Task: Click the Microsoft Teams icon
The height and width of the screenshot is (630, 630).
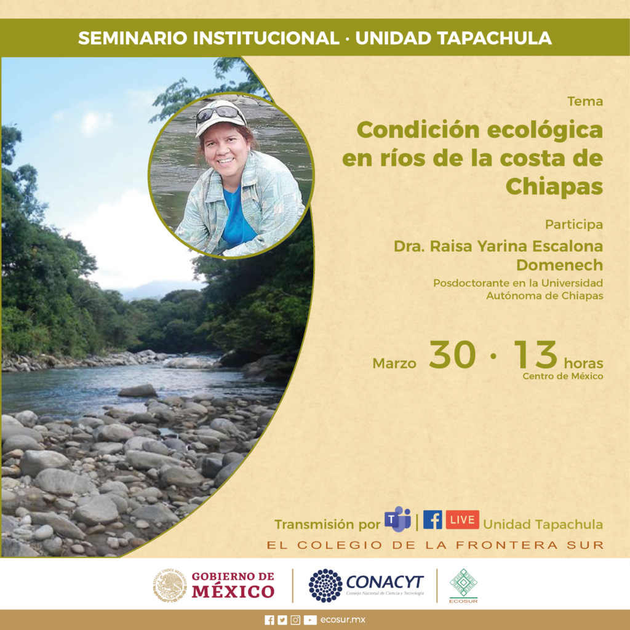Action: [397, 519]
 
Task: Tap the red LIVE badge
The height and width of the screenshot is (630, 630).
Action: [463, 519]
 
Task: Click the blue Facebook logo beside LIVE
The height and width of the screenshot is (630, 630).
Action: [433, 519]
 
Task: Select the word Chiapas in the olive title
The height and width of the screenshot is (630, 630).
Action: [554, 186]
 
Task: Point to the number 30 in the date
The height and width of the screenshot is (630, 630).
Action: [452, 355]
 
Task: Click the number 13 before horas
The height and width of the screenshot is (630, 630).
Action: [536, 355]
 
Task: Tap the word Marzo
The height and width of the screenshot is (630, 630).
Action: [394, 363]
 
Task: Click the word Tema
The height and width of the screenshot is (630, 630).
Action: [585, 102]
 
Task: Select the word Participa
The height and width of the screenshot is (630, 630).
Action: [574, 225]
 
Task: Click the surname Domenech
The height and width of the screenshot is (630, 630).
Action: [559, 265]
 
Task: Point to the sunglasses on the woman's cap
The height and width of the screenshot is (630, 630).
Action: [220, 113]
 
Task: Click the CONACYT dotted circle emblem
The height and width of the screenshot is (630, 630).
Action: [325, 586]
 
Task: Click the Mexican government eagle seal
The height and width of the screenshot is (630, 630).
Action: [170, 586]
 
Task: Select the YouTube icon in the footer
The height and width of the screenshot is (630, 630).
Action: [310, 620]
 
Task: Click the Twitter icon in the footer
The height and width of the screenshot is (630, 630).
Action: [282, 620]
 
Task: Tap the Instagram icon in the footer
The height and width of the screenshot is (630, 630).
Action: [295, 620]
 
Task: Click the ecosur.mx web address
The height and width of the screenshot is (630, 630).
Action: [343, 620]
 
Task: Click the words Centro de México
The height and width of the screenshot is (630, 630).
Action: [562, 377]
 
